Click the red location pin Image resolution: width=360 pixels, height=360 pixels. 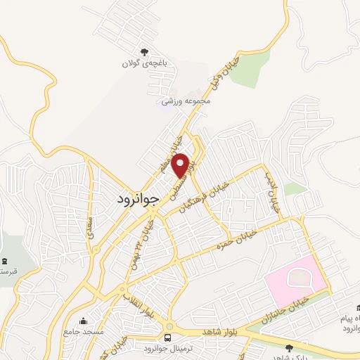tap(182, 165)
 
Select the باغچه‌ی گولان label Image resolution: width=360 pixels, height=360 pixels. tap(144, 64)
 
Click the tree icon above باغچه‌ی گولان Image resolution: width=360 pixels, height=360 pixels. tap(144, 52)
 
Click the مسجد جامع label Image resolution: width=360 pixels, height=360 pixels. tap(84, 331)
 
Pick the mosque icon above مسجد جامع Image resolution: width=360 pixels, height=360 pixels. tap(84, 320)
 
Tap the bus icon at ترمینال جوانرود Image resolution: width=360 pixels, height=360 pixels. tap(169, 328)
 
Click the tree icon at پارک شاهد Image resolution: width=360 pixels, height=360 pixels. tap(289, 347)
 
